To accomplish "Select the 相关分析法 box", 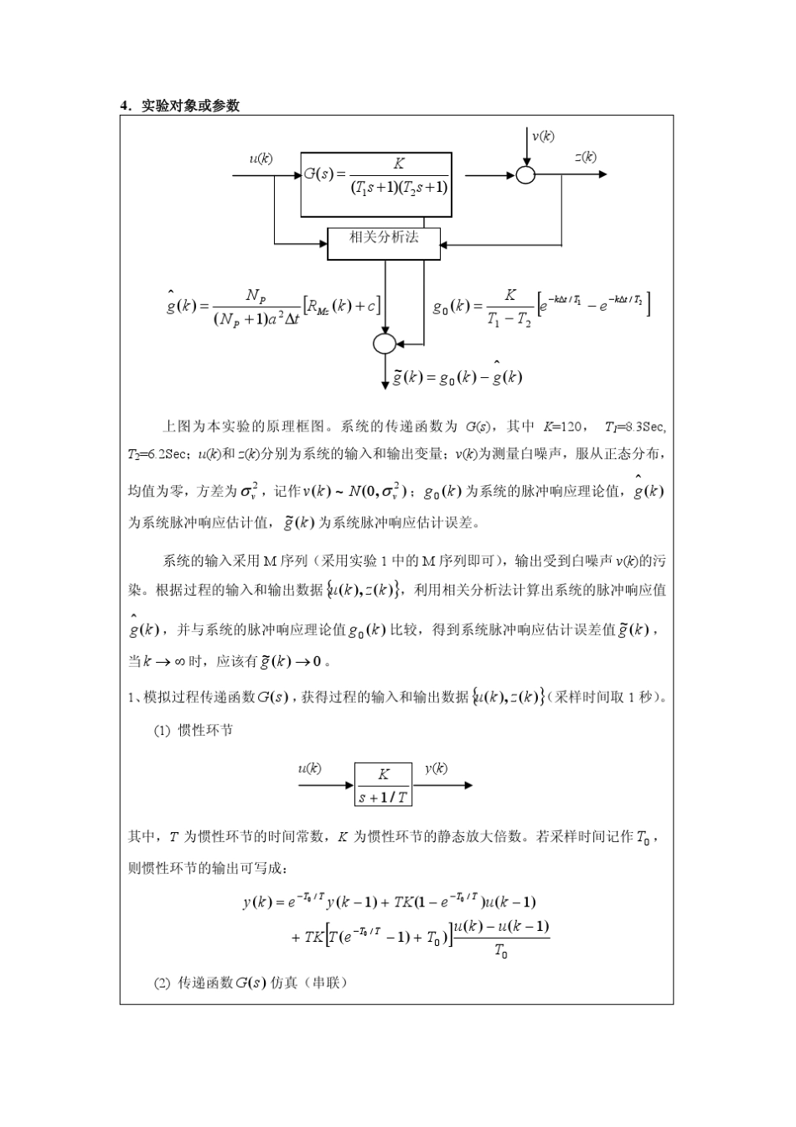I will pos(384,238).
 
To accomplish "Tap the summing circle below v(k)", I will pos(525,175).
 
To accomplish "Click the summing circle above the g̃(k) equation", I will pos(384,343).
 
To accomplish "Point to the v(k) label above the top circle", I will pos(542,136).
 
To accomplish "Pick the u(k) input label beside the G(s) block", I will pos(261,158).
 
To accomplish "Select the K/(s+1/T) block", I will pos(383,785).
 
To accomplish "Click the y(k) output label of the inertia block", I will pos(435,768).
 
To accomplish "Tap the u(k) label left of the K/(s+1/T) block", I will pos(309,768).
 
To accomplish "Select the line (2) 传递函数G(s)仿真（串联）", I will pos(250,982).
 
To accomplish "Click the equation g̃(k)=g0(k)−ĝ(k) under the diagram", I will pos(457,377).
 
